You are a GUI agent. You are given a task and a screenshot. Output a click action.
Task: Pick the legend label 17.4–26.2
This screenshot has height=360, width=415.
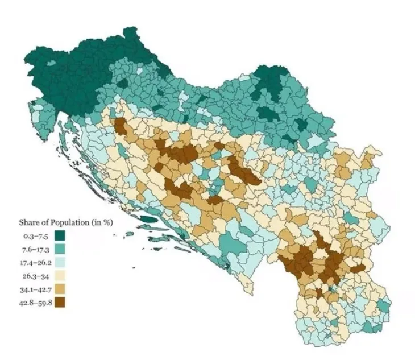point(35,262)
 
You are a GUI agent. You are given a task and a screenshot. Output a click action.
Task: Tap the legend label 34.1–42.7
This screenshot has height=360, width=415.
point(35,289)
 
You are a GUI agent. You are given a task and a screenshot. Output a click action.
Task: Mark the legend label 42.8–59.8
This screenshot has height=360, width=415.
point(35,303)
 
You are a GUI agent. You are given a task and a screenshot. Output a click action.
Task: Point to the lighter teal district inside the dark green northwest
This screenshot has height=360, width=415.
point(51,63)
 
